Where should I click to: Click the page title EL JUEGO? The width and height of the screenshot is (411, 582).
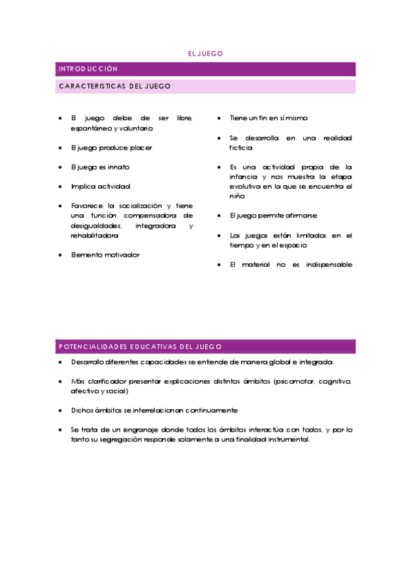coord(205,54)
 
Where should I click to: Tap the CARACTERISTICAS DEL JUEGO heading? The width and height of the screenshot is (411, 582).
coord(115,86)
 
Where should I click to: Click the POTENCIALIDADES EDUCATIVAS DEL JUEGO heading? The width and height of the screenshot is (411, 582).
coord(140,347)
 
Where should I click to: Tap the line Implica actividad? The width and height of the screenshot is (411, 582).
coord(101,186)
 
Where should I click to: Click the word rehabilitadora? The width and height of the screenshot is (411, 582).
coord(94,235)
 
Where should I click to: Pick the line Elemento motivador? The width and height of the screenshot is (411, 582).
coord(105,255)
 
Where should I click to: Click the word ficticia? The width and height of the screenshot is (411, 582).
coord(242,148)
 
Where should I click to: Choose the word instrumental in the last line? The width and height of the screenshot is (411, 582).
coord(287,440)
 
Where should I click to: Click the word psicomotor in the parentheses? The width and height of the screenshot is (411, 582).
coord(295,381)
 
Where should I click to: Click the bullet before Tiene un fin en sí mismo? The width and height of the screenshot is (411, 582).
coord(219,119)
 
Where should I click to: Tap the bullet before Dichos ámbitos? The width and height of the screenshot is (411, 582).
coord(60,410)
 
